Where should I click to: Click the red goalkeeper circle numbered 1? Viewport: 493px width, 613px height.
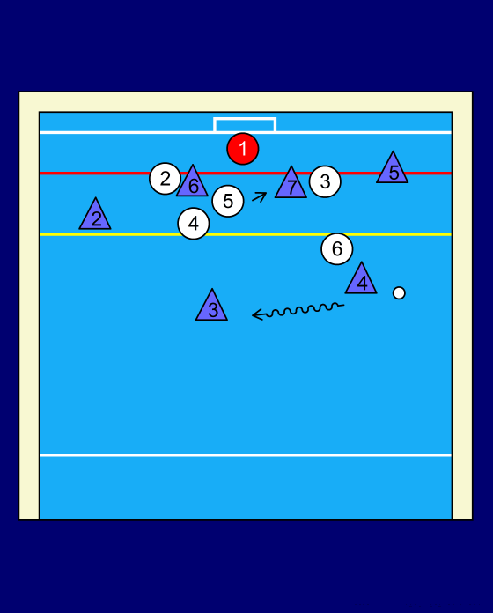[x=243, y=149]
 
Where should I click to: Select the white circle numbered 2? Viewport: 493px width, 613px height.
[x=165, y=179]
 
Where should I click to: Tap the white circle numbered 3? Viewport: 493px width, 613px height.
[x=325, y=181]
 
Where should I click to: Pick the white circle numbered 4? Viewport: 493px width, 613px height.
[x=194, y=224]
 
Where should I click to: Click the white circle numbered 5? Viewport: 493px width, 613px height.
[x=228, y=201]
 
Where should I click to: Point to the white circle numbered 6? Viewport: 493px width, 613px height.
[x=337, y=248]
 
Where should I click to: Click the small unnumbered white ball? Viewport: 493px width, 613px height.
[x=399, y=292]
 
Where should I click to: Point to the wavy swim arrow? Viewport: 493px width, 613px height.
[x=298, y=311]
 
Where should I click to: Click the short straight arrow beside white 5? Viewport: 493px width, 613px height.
[x=260, y=196]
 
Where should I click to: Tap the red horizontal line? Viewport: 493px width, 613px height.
[x=246, y=173]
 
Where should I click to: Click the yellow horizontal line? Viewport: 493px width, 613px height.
[x=246, y=234]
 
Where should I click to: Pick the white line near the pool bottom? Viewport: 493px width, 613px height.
[x=246, y=455]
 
